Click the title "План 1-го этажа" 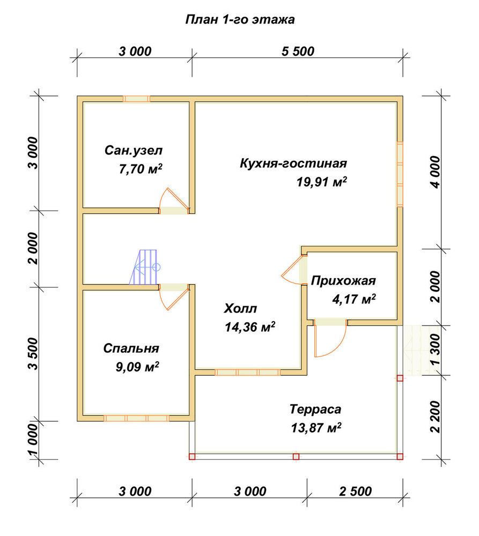click(240, 19)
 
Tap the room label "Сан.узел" click(134, 151)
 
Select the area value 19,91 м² click(322, 182)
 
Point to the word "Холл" click(240, 309)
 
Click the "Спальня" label click(131, 348)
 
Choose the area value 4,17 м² click(354, 299)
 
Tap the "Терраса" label click(315, 409)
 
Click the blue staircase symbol click(144, 267)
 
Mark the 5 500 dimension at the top click(298, 51)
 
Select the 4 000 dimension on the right click(435, 172)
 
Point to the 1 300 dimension click(435, 350)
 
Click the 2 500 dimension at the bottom click(356, 491)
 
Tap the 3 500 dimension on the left click(34, 354)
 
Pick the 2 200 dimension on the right click(435, 417)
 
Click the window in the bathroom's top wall click(137, 99)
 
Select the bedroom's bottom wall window click(137, 418)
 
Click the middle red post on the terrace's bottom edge click(296, 457)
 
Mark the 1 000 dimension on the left click(34, 440)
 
